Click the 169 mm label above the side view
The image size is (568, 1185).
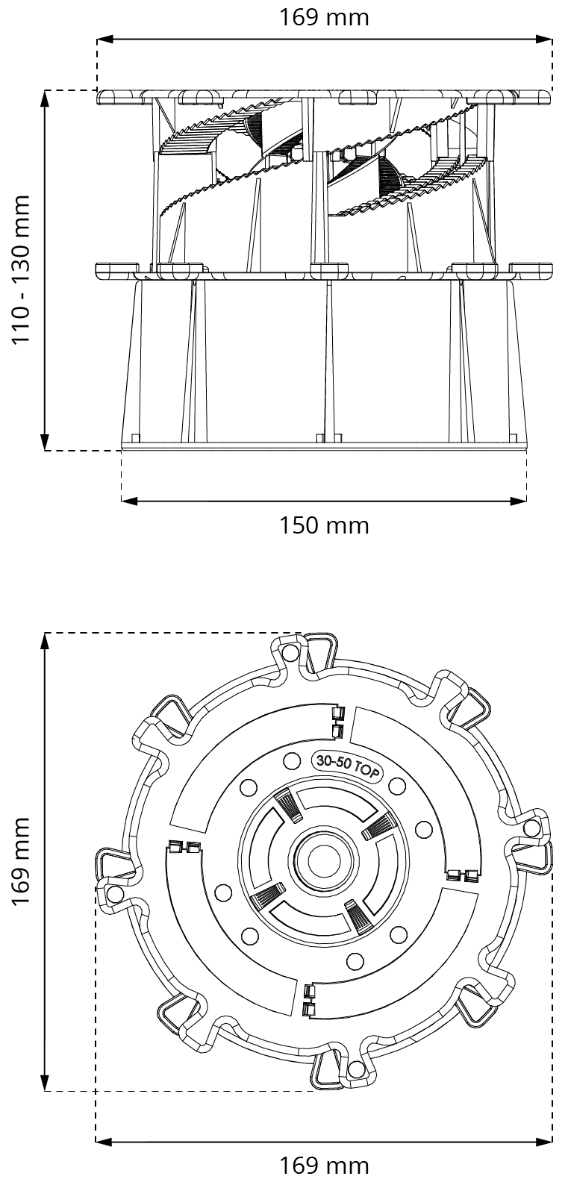click(324, 16)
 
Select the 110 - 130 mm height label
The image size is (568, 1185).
click(22, 269)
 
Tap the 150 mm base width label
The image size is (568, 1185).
click(324, 525)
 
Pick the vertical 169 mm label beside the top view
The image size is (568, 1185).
click(22, 861)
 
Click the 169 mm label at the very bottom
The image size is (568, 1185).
click(324, 1165)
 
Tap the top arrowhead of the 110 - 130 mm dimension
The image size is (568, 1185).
click(46, 98)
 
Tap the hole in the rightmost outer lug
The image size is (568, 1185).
click(531, 828)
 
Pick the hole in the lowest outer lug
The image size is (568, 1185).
click(356, 1070)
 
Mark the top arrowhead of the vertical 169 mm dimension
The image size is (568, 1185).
click(46, 640)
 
